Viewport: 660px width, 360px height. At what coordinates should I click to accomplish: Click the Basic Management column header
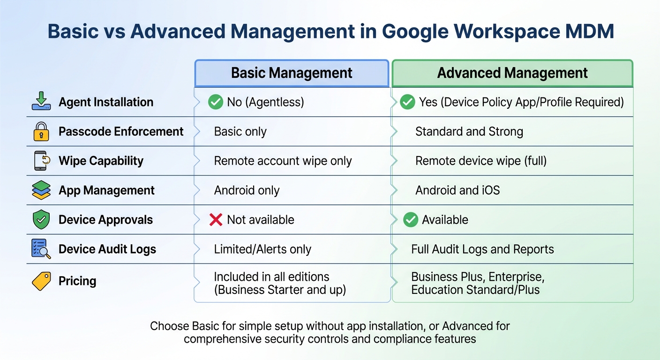292,73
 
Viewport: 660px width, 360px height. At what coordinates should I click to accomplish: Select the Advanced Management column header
512,73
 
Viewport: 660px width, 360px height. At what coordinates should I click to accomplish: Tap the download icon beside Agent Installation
41,102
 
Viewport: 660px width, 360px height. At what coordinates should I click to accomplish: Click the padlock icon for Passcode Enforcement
41,132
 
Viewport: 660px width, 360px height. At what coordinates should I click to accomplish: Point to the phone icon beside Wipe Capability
41,161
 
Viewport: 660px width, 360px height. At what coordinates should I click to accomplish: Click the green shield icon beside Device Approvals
41,220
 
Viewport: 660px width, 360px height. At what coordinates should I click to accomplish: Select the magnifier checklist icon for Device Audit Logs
41,249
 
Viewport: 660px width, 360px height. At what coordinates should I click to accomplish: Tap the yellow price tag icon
41,281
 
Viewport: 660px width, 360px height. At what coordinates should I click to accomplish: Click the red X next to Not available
216,219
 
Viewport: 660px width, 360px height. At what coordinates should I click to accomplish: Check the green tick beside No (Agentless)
216,102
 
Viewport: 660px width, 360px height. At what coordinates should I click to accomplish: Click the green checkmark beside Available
411,219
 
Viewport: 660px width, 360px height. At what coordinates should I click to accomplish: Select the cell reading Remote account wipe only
283,161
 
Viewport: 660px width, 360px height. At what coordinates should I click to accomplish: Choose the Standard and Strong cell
469,132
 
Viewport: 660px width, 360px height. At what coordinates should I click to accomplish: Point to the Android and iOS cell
457,190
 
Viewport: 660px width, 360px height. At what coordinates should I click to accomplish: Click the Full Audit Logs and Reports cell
482,249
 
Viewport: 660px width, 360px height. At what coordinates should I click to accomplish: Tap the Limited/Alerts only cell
262,249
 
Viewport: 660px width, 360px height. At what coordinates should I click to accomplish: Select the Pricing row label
77,281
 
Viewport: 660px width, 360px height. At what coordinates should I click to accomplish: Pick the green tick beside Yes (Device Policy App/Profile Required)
407,102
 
